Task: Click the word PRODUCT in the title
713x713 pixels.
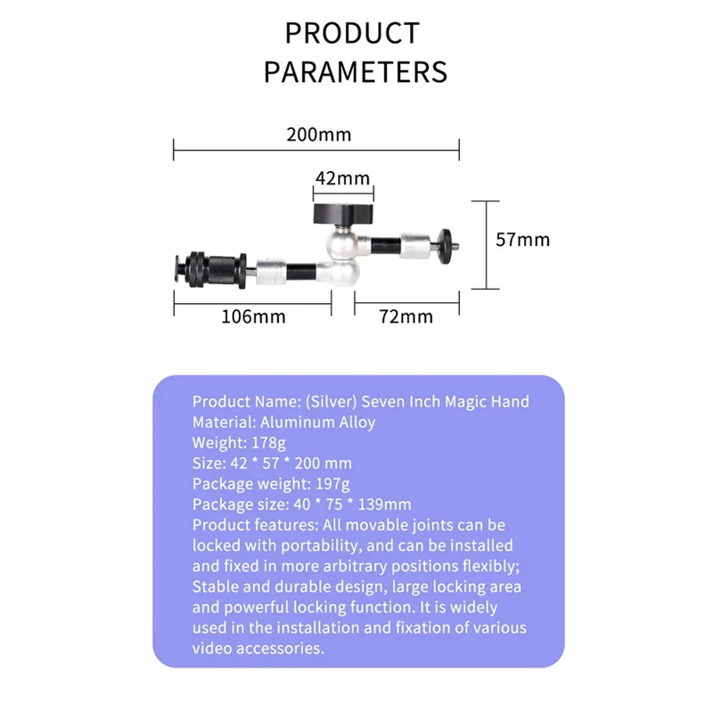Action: [352, 33]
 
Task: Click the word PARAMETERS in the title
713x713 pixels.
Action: [355, 70]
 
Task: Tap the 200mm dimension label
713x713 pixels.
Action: [318, 135]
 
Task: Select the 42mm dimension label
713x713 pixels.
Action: [342, 178]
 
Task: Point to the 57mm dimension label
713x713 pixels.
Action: [522, 240]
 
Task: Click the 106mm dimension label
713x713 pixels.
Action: [253, 316]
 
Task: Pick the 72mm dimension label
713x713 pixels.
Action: [406, 316]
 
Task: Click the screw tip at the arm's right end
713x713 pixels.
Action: [448, 239]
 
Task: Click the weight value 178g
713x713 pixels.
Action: [264, 442]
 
